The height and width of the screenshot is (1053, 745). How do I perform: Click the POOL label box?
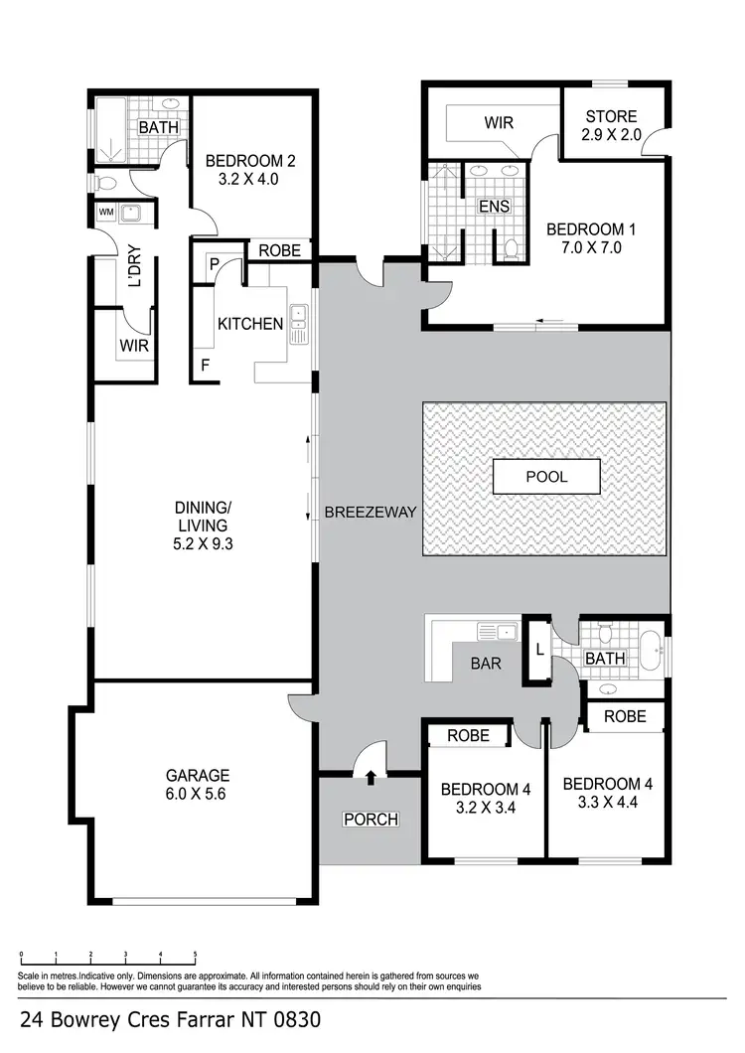coord(546,477)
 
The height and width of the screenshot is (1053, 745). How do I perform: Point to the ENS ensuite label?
coord(493,207)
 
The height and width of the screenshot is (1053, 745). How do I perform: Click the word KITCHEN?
coord(250,323)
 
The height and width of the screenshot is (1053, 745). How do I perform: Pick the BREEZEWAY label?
coord(370,513)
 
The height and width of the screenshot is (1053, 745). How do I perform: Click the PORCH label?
coord(371,820)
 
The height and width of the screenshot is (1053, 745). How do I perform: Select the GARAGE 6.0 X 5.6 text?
coord(199,784)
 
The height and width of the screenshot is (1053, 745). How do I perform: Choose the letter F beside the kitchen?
coord(205,365)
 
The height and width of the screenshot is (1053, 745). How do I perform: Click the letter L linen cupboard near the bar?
coord(537,650)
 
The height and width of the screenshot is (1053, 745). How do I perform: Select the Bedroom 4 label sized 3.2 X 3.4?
coord(486,798)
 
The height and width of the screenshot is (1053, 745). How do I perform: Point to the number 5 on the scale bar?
coord(195,956)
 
